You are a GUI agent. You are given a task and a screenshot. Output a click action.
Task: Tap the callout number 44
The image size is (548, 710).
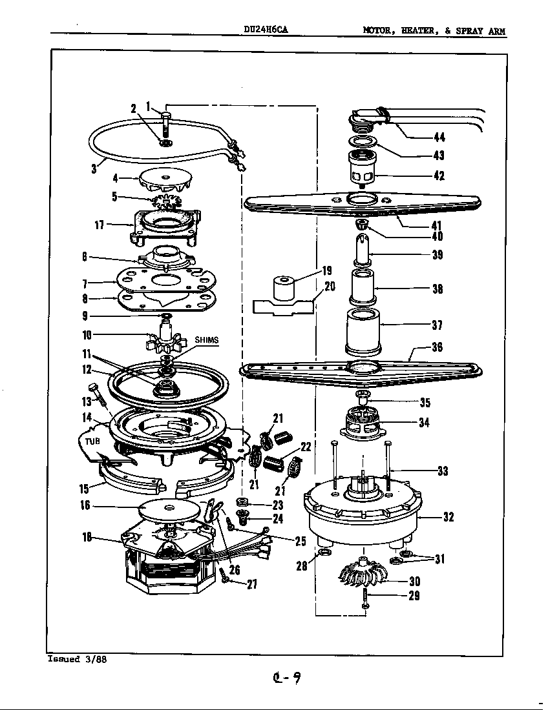click(x=439, y=137)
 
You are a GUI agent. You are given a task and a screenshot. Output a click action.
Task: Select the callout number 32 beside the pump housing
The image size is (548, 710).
click(x=448, y=516)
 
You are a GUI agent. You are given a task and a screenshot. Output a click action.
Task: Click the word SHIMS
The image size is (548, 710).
click(x=207, y=340)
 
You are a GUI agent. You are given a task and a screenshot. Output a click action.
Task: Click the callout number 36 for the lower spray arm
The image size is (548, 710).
click(x=437, y=347)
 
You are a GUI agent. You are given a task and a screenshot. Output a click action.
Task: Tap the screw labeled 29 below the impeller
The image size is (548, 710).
click(x=365, y=598)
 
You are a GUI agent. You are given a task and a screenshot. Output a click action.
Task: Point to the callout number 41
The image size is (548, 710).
click(x=437, y=225)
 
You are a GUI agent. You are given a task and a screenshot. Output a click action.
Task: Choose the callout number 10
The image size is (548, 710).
click(x=87, y=334)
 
